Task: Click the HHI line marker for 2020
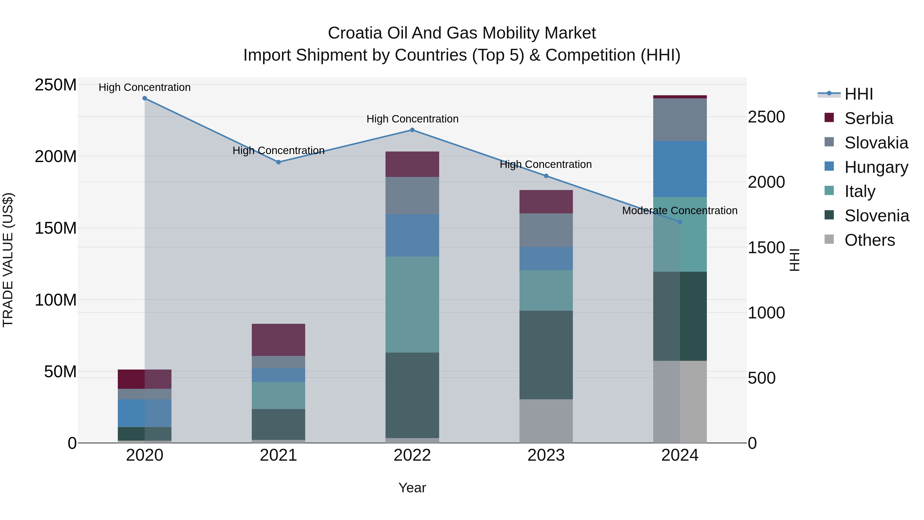[145, 98]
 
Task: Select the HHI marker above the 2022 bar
[412, 130]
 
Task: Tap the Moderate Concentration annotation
[679, 211]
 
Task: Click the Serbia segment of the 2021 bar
[278, 339]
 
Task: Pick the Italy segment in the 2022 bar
[412, 304]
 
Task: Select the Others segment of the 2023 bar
[546, 421]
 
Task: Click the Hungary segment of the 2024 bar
[680, 169]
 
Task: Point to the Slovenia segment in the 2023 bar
[546, 355]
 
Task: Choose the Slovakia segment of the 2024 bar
[680, 119]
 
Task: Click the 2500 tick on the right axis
[766, 117]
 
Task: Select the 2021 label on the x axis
[278, 455]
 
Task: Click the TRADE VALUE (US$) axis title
[8, 260]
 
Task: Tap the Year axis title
[412, 488]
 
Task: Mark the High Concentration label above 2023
[546, 164]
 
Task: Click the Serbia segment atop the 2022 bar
[412, 164]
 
